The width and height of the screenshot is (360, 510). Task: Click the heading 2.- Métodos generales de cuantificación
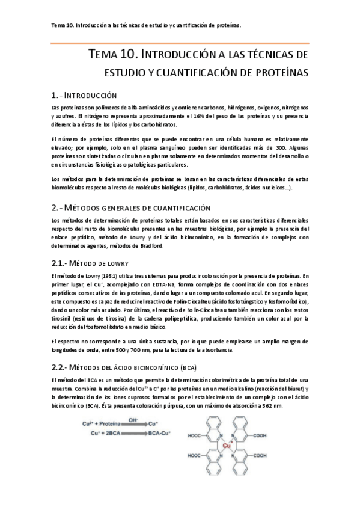click(x=131, y=207)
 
